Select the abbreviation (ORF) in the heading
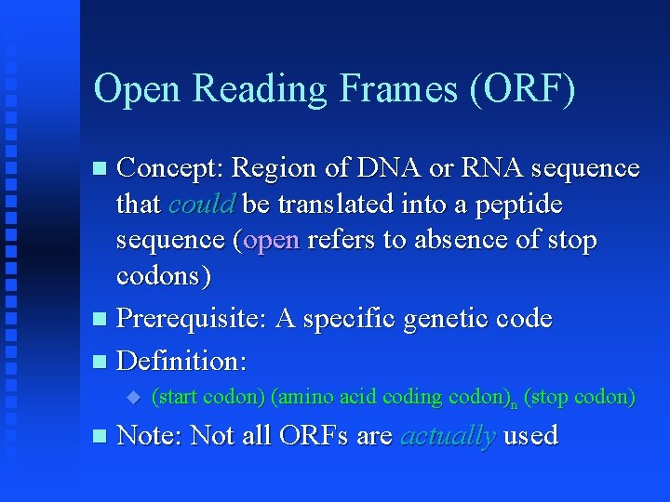pyautogui.click(x=524, y=89)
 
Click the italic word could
pyautogui.click(x=201, y=204)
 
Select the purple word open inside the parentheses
pyautogui.click(x=271, y=240)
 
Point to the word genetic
pyautogui.click(x=436, y=319)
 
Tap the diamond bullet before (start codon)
pyautogui.click(x=132, y=397)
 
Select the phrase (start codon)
pyautogui.click(x=208, y=397)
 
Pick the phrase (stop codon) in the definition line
pyautogui.click(x=580, y=397)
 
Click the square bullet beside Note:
pyautogui.click(x=100, y=436)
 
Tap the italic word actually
pyautogui.click(x=447, y=435)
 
